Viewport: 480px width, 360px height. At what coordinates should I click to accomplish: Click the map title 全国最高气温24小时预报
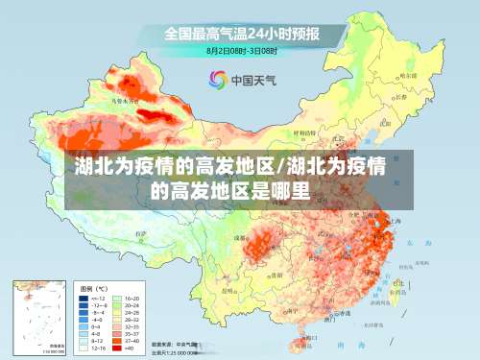click(241, 33)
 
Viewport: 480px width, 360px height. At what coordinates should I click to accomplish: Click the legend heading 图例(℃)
click(93, 288)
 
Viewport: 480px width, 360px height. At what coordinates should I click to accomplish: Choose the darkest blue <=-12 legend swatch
click(84, 299)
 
